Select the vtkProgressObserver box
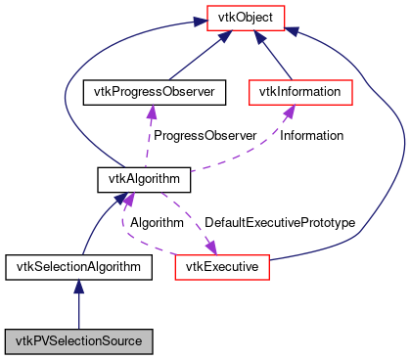[154, 92]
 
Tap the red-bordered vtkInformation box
[299, 92]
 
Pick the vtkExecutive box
[221, 265]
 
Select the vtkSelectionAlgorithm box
[78, 265]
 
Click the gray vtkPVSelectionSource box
[78, 341]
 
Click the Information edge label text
[311, 135]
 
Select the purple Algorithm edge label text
[157, 223]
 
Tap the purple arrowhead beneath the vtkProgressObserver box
[150, 112]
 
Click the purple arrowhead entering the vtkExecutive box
[209, 246]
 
